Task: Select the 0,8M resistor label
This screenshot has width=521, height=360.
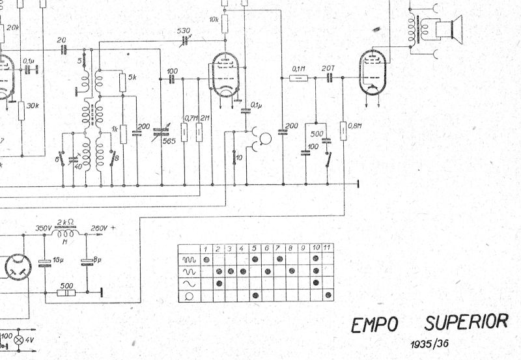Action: [356, 126]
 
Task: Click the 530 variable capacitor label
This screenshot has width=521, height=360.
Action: [184, 31]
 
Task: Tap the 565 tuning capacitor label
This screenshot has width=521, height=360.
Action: [169, 141]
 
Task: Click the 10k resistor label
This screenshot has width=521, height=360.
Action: [214, 20]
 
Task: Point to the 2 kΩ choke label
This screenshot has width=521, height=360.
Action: [66, 221]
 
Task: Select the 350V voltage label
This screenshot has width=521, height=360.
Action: [43, 228]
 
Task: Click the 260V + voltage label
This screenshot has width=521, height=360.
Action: [103, 228]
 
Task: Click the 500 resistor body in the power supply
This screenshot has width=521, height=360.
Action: [66, 294]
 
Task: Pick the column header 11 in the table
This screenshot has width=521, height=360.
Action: [327, 248]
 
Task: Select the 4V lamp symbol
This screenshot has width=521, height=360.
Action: [19, 340]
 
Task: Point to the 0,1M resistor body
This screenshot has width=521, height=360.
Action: [298, 78]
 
